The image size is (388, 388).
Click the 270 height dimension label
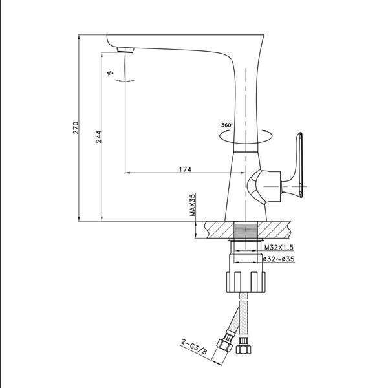click(76, 127)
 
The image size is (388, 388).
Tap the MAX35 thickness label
click(192, 207)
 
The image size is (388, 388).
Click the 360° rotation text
click(227, 125)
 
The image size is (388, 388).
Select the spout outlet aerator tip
click(125, 50)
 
